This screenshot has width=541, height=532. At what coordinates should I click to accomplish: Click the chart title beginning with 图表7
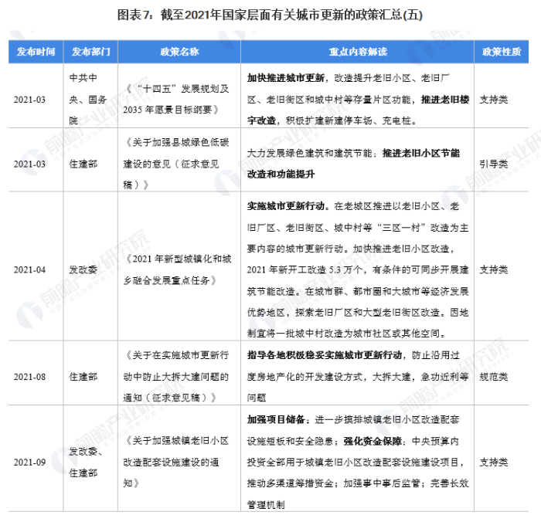(x=270, y=15)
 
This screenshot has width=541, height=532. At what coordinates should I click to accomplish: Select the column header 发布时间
(x=36, y=52)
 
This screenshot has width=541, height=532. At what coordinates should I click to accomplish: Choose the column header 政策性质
(x=501, y=52)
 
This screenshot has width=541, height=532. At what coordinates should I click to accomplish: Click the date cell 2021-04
(x=30, y=270)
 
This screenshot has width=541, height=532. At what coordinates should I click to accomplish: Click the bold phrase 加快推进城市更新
(x=283, y=79)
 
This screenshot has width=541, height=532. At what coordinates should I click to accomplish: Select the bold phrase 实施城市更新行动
(x=283, y=207)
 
